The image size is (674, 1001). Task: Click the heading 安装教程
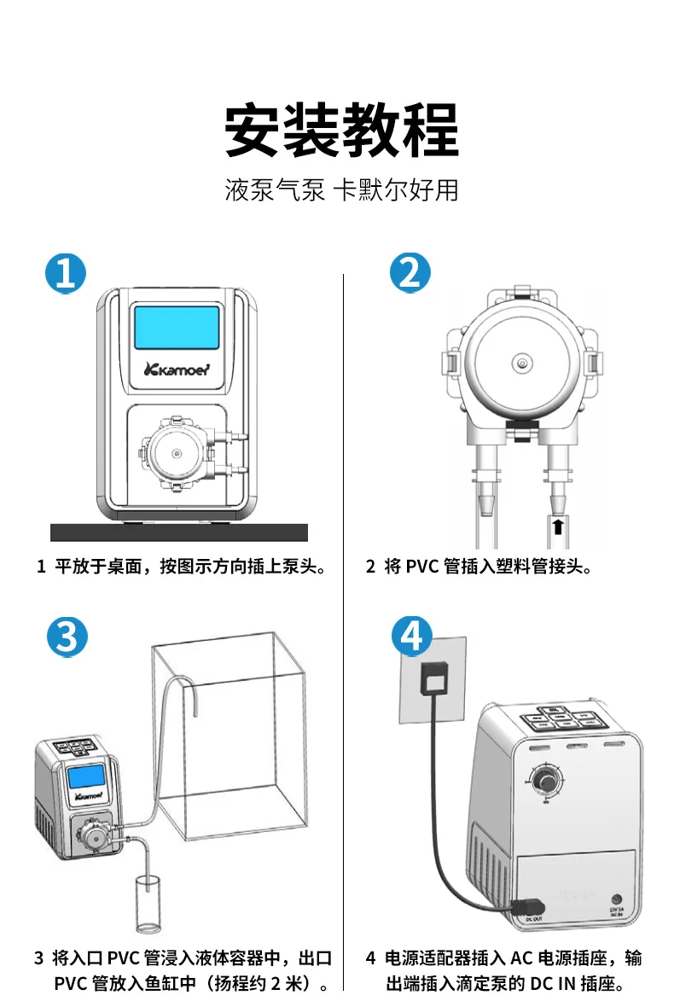click(x=341, y=130)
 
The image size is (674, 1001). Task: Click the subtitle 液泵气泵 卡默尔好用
click(x=341, y=189)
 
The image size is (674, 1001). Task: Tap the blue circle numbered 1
click(x=66, y=273)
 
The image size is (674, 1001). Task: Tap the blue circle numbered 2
click(x=410, y=273)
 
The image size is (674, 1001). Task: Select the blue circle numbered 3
click(x=67, y=637)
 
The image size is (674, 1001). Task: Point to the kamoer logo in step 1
click(x=177, y=370)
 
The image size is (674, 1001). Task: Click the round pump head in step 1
click(x=177, y=453)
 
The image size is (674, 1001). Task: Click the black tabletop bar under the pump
click(x=178, y=532)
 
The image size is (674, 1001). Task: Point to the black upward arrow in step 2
click(x=556, y=526)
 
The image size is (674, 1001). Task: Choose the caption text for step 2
click(x=478, y=566)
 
